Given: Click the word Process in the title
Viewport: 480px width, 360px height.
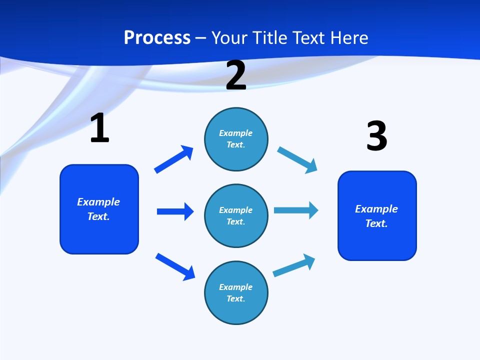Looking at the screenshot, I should click(157, 38).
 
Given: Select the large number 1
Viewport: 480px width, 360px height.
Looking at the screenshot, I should click(99, 128).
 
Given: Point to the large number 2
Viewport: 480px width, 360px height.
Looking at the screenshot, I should click(236, 75).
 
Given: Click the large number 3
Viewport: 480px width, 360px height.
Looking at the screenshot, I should click(376, 136).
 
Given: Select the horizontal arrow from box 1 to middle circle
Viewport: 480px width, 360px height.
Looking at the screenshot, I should click(175, 211).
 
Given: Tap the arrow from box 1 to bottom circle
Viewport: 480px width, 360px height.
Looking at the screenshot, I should click(175, 266).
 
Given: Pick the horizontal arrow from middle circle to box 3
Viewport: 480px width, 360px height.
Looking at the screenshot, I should click(296, 210).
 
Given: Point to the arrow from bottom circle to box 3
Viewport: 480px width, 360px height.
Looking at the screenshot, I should click(294, 265).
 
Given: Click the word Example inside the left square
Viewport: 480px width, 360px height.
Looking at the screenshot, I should click(98, 202).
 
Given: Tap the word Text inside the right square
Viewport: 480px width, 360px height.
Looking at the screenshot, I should click(376, 223).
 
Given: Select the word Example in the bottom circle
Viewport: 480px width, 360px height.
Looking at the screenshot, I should click(236, 287).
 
